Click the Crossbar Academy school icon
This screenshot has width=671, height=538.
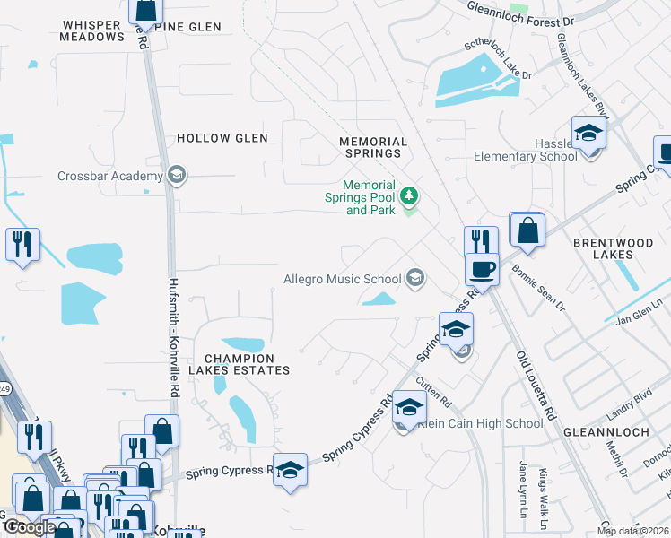(x=177, y=176)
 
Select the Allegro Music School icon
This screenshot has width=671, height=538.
(x=414, y=279)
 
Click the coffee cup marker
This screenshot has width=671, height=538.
(x=482, y=270)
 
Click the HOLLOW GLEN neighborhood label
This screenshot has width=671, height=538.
(x=222, y=138)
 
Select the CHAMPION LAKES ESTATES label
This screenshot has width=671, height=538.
(x=239, y=363)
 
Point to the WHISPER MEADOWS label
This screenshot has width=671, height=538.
(x=91, y=31)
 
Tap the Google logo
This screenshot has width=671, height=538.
(x=29, y=526)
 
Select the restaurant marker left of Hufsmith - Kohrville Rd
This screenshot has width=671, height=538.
(x=22, y=245)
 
